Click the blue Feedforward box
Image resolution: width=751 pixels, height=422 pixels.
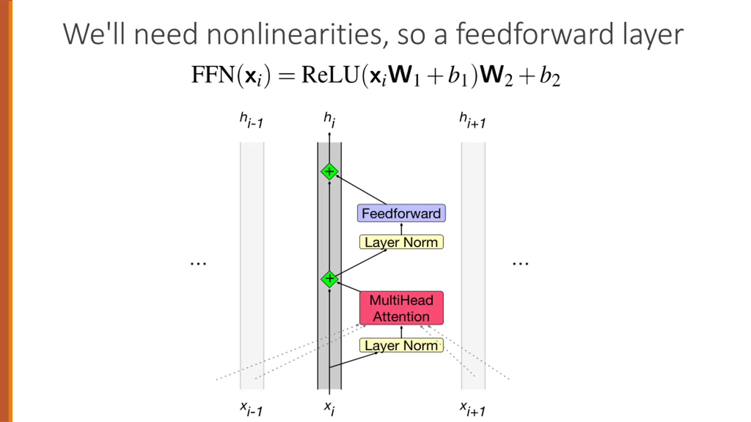(401, 213)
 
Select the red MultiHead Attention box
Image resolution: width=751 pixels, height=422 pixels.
(401, 308)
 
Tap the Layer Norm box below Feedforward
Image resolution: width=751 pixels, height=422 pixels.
(401, 242)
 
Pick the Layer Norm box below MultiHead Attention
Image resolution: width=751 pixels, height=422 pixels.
(401, 345)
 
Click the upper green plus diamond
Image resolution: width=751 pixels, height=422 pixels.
(329, 172)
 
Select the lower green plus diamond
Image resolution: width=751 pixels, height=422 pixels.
(329, 279)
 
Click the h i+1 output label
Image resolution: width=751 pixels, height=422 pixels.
(472, 120)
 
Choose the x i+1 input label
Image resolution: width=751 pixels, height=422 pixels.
(472, 409)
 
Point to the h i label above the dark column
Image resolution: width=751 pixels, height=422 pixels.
(329, 120)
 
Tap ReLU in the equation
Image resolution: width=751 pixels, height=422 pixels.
(330, 75)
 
